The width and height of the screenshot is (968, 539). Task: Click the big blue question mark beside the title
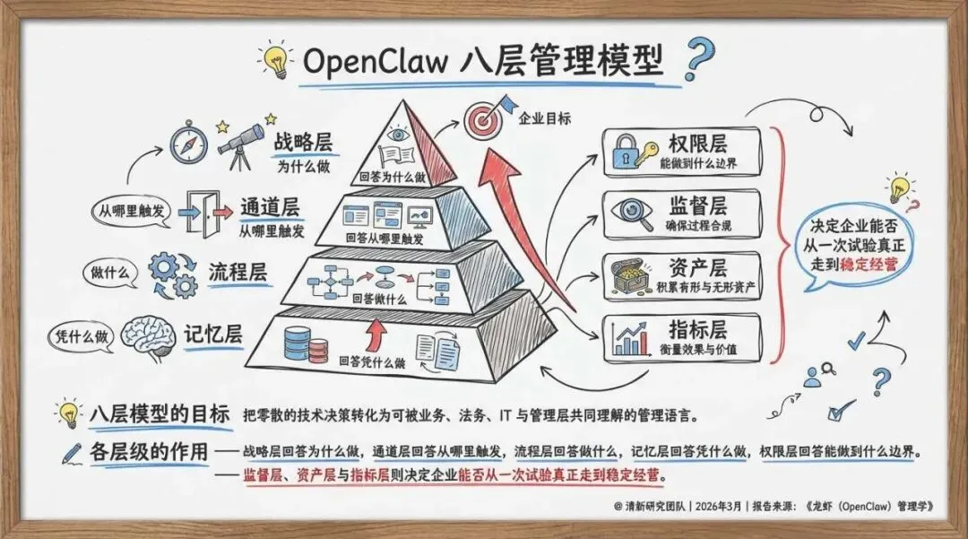[x=699, y=58]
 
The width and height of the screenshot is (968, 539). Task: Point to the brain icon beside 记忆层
[x=146, y=334]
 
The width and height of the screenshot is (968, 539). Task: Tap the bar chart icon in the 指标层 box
[x=632, y=337]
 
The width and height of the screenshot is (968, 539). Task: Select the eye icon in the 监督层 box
[x=632, y=213]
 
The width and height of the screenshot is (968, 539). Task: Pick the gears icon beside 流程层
[x=172, y=273]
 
